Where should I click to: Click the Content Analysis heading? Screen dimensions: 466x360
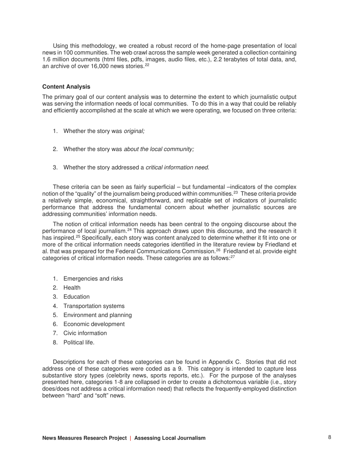pos(66,87)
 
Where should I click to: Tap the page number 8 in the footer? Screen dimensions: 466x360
pos(330,437)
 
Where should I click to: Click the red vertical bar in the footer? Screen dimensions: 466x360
pos(131,438)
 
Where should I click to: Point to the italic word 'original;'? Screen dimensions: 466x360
pos(134,131)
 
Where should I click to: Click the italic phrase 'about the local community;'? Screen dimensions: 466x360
pos(159,149)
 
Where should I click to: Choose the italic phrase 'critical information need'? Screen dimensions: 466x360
pos(177,167)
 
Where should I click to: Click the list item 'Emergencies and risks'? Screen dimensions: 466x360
pos(93,279)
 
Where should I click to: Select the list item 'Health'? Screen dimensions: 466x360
pos(72,288)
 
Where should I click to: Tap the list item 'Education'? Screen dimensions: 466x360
pos(77,297)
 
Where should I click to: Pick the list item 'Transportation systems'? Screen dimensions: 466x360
pos(94,306)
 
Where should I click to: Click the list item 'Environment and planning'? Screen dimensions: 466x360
pos(97,315)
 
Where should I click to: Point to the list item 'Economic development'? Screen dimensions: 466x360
pos(94,324)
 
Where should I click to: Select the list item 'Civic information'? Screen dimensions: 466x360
pos(85,333)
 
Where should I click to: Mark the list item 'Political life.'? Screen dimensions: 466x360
pos(79,342)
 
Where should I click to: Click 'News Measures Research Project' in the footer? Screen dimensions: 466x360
pos(85,438)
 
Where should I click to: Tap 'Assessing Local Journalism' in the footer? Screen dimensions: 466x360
pos(170,438)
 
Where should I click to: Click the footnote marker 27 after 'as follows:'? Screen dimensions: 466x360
pos(233,257)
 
